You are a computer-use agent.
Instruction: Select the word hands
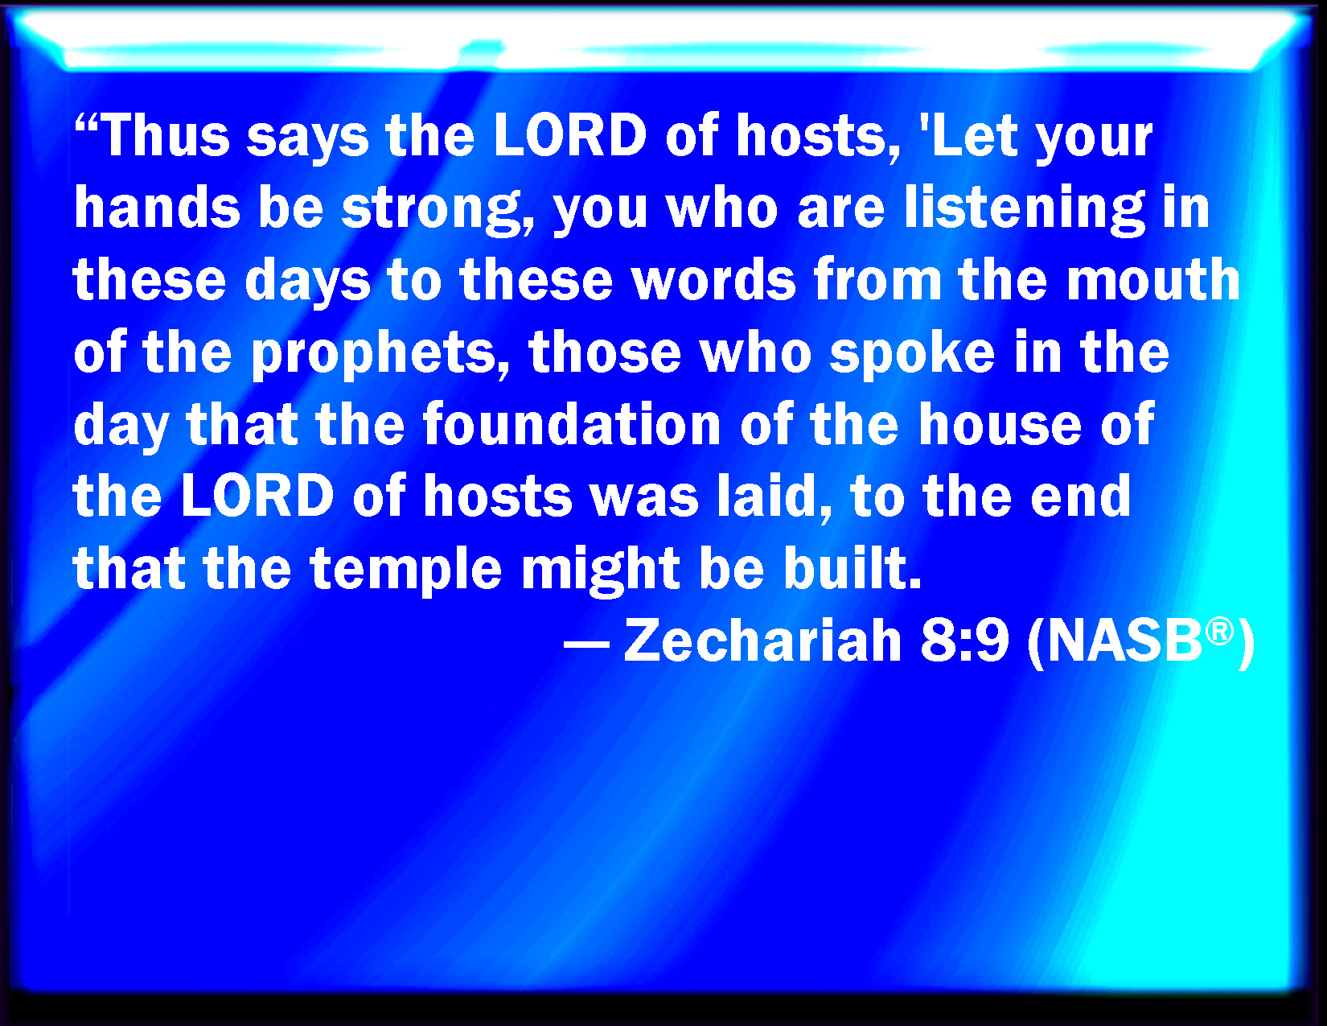click(x=157, y=207)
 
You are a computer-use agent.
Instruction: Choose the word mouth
click(x=1153, y=279)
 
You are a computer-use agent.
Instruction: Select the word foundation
click(x=572, y=423)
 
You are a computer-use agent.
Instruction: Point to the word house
click(x=1000, y=423)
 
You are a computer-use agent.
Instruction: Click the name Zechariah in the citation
click(x=762, y=641)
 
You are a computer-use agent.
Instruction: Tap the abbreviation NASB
click(x=1124, y=641)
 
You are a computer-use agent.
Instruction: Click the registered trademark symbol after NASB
click(x=1220, y=632)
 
